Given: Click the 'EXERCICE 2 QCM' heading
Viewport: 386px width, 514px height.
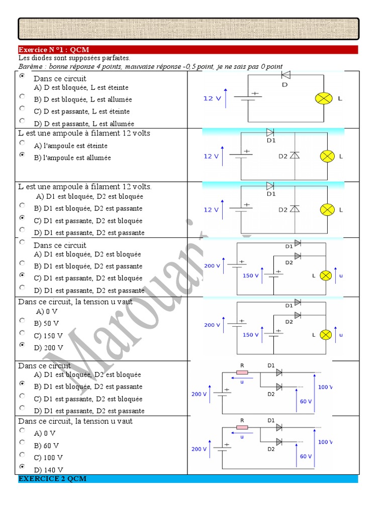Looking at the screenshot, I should (52, 479).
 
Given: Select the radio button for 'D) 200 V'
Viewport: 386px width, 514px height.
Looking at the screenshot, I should (22, 345).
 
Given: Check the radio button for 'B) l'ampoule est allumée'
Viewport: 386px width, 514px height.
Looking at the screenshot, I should (22, 155).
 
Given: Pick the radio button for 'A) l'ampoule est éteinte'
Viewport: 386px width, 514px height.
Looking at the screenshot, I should (22, 143).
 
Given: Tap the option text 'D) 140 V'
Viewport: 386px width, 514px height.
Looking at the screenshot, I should (49, 470).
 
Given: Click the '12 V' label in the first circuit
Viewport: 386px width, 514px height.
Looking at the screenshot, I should (212, 98).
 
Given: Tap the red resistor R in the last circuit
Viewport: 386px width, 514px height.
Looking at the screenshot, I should (242, 427).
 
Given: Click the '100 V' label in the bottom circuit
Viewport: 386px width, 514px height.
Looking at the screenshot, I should (325, 442).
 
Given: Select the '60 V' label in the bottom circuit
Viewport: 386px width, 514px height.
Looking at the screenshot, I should (306, 456).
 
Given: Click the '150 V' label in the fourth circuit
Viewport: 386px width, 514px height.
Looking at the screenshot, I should (251, 276).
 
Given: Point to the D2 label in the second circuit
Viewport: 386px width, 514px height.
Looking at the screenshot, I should (283, 156).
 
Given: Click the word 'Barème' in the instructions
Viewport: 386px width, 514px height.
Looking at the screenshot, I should (29, 66).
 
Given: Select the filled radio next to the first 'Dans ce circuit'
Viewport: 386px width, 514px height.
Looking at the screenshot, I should (22, 77).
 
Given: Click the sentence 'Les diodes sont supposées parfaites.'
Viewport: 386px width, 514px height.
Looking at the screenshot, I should (74, 58).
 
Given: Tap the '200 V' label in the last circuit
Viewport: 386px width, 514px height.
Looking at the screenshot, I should (199, 449).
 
